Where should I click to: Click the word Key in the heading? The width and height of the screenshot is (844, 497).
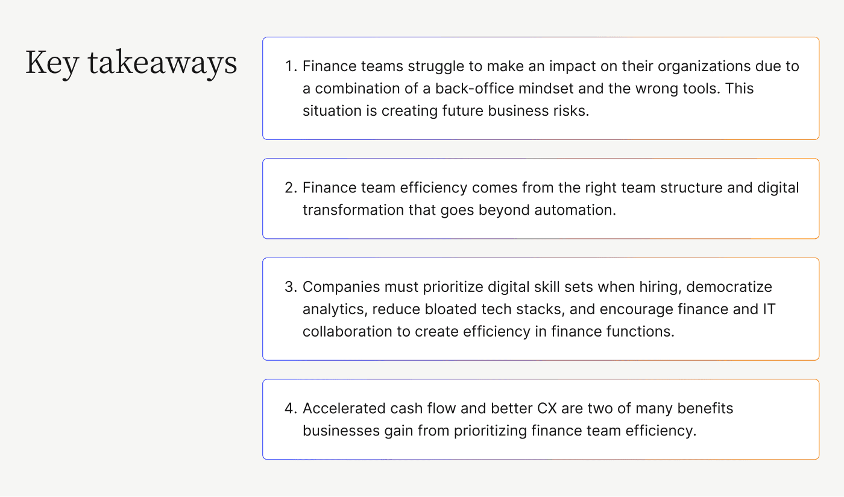click(52, 63)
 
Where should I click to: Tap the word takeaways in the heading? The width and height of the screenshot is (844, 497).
click(162, 63)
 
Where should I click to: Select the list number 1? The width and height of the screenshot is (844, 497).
click(291, 66)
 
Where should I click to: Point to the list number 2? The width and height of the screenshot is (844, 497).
click(291, 188)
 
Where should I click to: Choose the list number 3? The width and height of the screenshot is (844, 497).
click(291, 286)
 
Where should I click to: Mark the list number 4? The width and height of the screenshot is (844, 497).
click(291, 408)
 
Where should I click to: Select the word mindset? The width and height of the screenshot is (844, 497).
click(546, 88)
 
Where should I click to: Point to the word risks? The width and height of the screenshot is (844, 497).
click(570, 110)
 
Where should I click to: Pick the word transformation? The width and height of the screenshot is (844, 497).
click(353, 210)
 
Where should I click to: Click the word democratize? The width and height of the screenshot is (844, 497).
click(729, 286)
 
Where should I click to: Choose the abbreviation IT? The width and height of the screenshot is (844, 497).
click(769, 309)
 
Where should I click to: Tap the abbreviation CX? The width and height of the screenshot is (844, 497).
click(547, 408)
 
